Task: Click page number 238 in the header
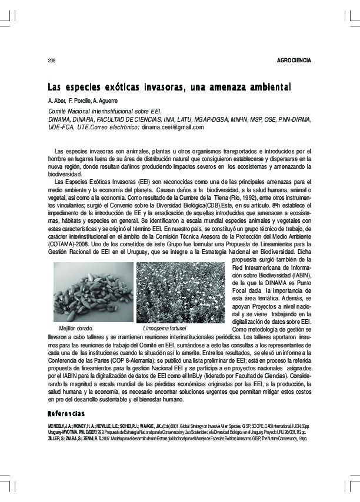click(51, 61)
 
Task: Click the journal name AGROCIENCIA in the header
click(294, 61)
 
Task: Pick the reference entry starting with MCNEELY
click(176, 424)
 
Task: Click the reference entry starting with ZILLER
click(176, 439)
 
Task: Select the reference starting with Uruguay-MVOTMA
click(176, 431)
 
